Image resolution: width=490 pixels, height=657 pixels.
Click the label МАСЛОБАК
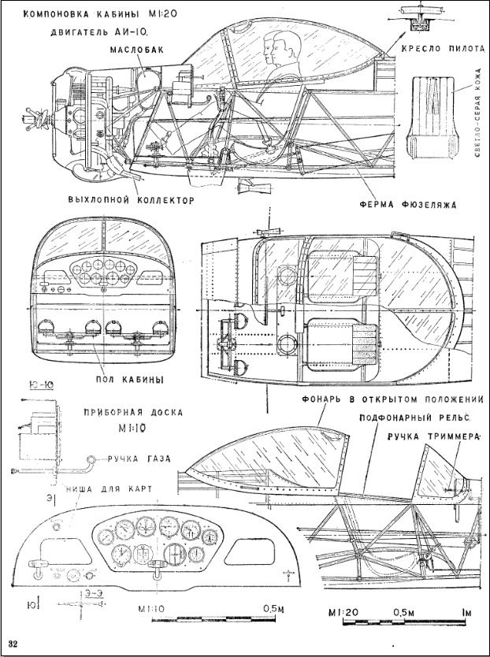(138, 49)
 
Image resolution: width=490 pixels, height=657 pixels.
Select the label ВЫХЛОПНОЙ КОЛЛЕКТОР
(131, 200)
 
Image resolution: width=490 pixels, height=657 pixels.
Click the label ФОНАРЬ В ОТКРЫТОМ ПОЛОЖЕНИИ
(392, 399)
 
